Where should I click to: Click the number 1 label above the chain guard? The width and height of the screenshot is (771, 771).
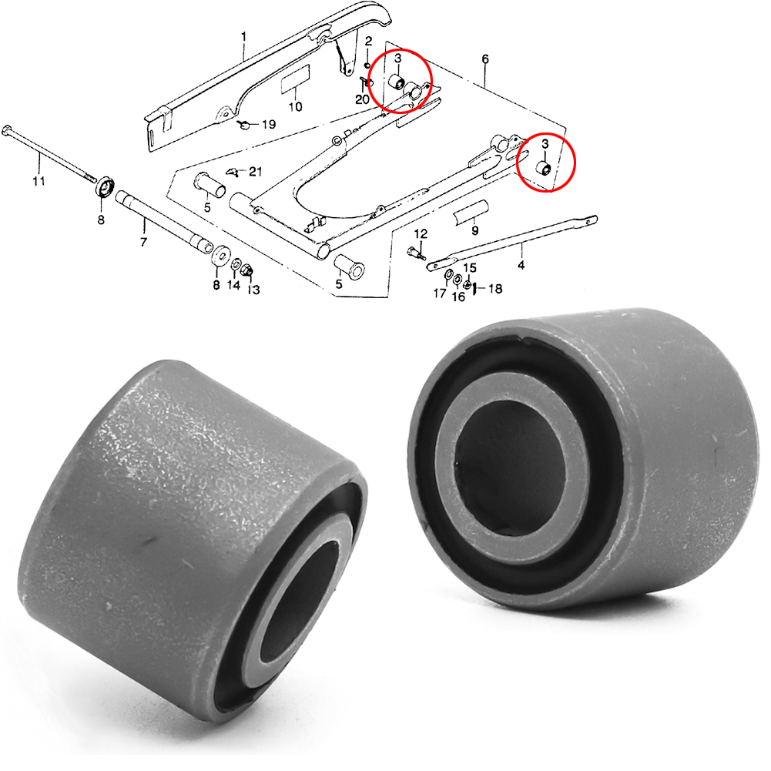tap(244, 36)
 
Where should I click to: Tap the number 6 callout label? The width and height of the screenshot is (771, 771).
tap(485, 59)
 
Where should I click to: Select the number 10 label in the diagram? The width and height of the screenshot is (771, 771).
tap(295, 107)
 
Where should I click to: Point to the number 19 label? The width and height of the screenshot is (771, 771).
tap(268, 124)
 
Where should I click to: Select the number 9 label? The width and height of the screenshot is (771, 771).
tap(474, 230)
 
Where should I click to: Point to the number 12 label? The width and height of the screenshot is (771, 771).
tap(421, 233)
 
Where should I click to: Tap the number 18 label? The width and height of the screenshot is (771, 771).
tap(495, 289)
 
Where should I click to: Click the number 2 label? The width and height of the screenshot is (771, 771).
tap(369, 40)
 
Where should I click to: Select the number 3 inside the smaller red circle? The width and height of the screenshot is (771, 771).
tap(545, 144)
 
